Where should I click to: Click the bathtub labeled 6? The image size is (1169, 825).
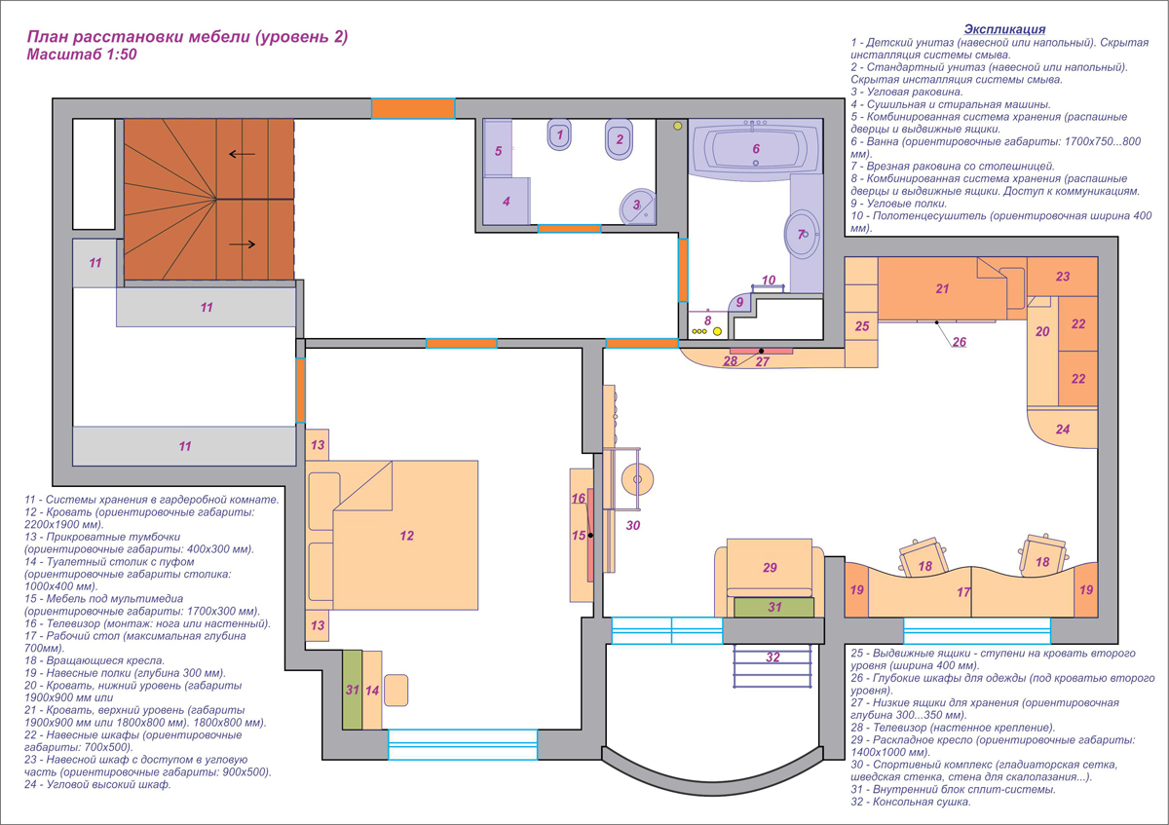[756, 150]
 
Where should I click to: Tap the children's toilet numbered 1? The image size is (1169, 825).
[559, 134]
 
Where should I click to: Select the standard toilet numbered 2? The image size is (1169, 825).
[619, 139]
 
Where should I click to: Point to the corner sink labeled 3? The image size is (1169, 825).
[638, 206]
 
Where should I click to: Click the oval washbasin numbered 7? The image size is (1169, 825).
[802, 235]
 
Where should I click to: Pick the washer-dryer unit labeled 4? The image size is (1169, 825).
[507, 202]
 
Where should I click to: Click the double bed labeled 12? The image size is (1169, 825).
[392, 535]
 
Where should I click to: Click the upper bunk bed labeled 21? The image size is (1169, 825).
[943, 288]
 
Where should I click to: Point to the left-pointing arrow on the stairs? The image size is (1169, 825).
[243, 154]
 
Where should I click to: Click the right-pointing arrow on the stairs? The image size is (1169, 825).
[243, 244]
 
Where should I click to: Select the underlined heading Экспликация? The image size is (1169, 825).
[1004, 29]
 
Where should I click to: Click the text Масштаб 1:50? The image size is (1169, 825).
[82, 55]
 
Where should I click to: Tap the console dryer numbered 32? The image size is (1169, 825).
[773, 666]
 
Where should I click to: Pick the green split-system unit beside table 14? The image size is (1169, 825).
[353, 690]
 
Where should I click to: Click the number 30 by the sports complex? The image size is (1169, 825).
[633, 525]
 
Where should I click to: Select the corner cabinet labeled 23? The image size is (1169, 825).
[1063, 276]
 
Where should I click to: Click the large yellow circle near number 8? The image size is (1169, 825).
[718, 331]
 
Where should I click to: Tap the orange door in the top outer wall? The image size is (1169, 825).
[413, 108]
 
